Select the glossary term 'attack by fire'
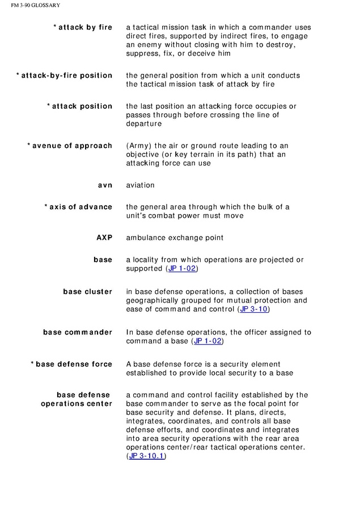coord(85,27)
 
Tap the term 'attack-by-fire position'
coord(66,75)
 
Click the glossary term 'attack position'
coord(82,106)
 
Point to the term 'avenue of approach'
coord(72,146)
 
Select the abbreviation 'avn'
coord(105,185)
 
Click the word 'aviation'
coord(140,185)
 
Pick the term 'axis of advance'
coord(81,207)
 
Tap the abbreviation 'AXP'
coord(104,237)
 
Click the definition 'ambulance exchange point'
coord(175,237)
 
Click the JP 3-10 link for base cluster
coord(254,309)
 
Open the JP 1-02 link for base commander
coord(208,341)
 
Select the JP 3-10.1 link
coord(146,456)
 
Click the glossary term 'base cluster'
coord(87,292)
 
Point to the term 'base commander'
coord(78,332)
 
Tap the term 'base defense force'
coord(74,364)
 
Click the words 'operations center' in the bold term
coord(77,404)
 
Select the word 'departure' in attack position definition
coord(144,124)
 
